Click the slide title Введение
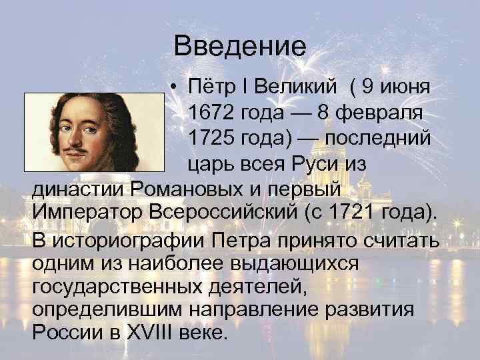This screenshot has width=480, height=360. click(239, 47)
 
